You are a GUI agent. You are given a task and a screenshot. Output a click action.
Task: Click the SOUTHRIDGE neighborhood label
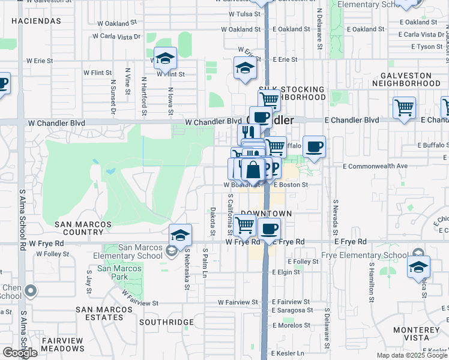(166, 322)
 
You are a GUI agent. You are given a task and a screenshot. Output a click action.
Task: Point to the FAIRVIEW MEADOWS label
(62, 344)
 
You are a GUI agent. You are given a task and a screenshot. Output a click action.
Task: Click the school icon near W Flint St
(165, 59)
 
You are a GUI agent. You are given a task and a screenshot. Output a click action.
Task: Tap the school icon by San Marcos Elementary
(180, 235)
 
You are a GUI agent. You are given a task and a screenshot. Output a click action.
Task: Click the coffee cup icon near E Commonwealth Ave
(314, 146)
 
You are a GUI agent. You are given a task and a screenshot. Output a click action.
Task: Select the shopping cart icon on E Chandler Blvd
(404, 108)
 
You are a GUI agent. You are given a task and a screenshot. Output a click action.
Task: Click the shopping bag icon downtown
(253, 170)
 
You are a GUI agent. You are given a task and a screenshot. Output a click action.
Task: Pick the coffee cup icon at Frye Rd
(270, 228)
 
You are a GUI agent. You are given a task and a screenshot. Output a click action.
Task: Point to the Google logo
(20, 353)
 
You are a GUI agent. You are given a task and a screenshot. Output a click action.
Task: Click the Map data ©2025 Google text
(411, 355)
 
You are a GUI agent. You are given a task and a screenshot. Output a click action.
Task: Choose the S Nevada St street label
(335, 217)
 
